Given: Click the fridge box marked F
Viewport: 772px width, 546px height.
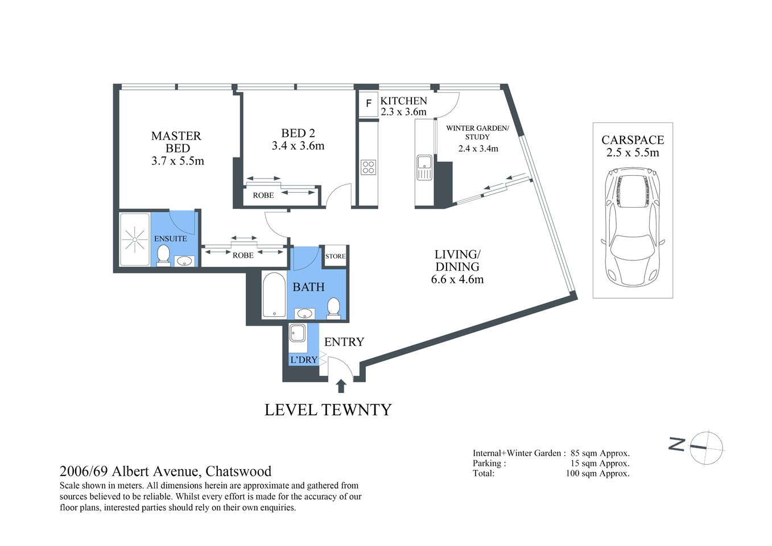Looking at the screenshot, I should pyautogui.click(x=368, y=104).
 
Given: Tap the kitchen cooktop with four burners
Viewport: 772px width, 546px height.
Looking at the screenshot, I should pyautogui.click(x=368, y=167).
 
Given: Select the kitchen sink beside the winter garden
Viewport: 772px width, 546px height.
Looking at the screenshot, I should pyautogui.click(x=424, y=167).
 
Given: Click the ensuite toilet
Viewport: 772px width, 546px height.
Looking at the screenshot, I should pyautogui.click(x=164, y=256).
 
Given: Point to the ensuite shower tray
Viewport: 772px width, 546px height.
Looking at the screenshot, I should pyautogui.click(x=135, y=239).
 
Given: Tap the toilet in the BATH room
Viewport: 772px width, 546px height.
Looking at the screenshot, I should pyautogui.click(x=333, y=308).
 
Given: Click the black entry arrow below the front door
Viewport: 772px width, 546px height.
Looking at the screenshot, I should pyautogui.click(x=341, y=386).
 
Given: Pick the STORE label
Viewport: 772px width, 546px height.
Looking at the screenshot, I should pyautogui.click(x=335, y=256).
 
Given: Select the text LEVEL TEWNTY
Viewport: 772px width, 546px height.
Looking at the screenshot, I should pyautogui.click(x=328, y=410).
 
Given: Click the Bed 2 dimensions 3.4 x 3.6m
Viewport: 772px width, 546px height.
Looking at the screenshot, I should pyautogui.click(x=298, y=146).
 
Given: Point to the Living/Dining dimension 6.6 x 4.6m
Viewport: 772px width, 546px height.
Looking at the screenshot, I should pyautogui.click(x=457, y=279).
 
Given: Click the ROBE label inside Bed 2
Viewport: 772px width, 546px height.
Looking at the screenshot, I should pyautogui.click(x=263, y=195).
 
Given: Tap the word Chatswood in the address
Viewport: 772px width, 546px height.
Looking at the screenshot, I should pyautogui.click(x=238, y=471).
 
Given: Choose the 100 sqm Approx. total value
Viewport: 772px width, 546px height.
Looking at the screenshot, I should pyautogui.click(x=597, y=473).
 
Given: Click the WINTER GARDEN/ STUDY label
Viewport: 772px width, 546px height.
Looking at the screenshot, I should pyautogui.click(x=477, y=132).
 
